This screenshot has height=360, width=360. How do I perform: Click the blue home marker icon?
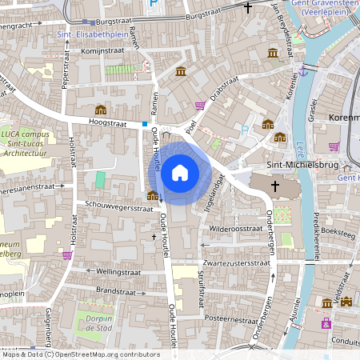[180, 172]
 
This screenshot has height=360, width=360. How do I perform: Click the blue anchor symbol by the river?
[302, 72]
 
